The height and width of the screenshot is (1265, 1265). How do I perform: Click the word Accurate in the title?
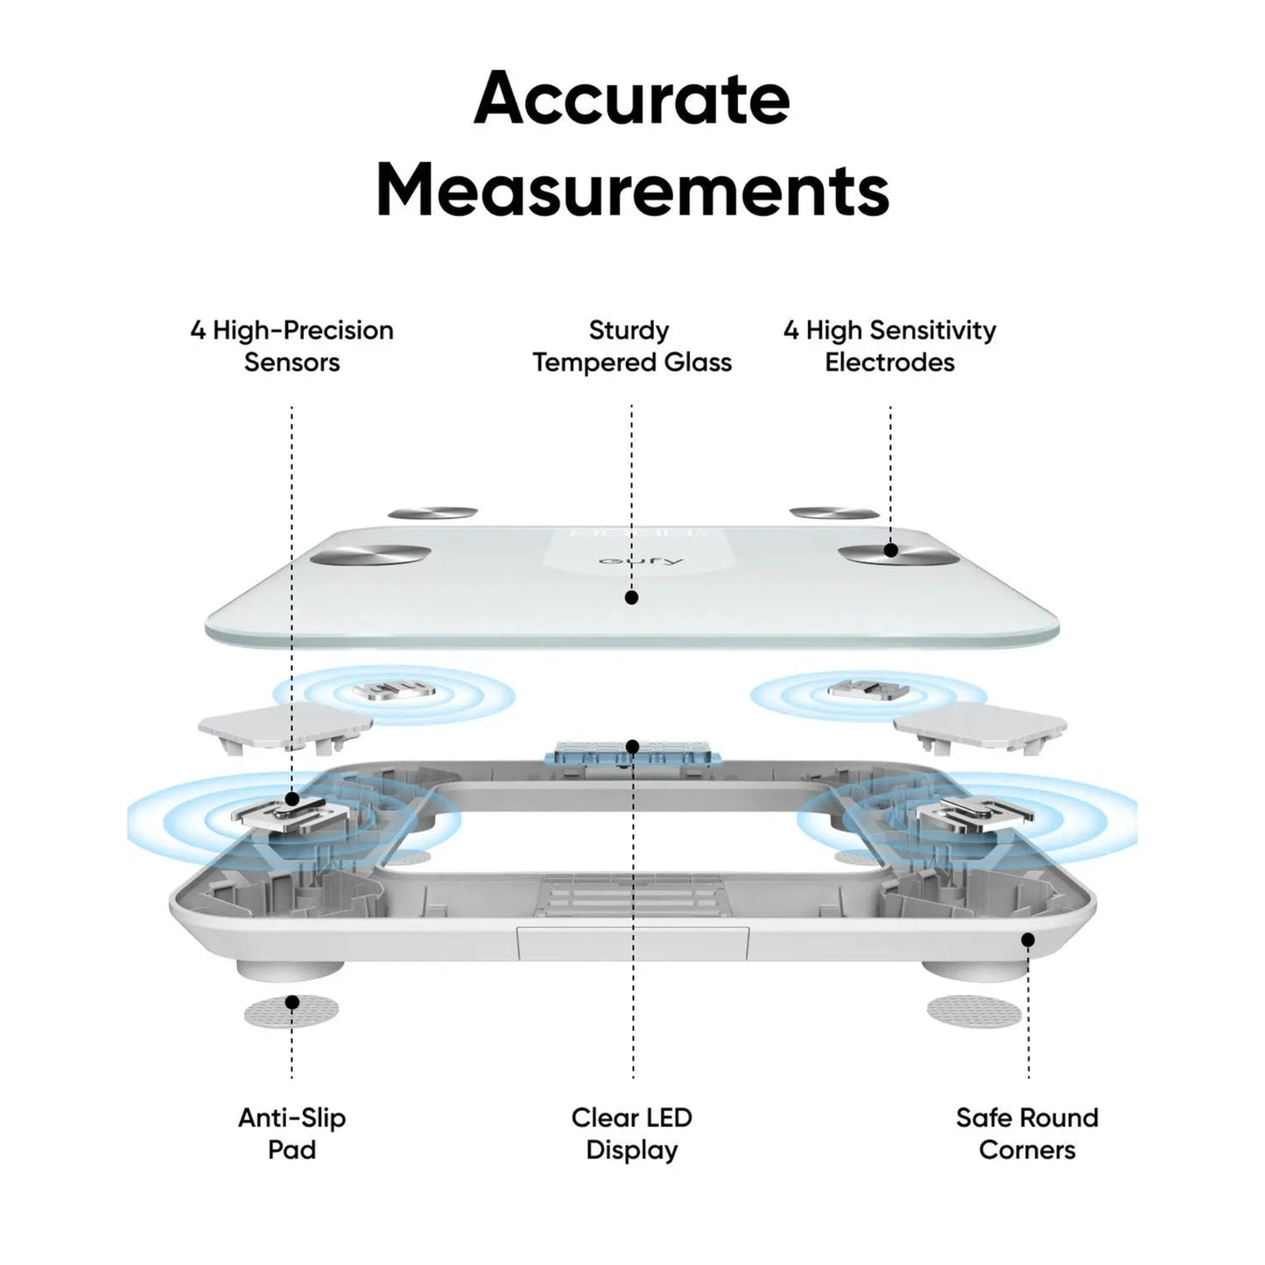631,98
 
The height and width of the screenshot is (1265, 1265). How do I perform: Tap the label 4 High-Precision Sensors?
292,346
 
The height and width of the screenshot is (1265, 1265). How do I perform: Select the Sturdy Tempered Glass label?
631,346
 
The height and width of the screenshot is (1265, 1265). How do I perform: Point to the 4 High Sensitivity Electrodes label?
889,346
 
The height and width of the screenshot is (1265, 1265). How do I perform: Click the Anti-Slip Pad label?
292,1133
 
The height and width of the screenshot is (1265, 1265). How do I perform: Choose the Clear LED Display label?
631,1133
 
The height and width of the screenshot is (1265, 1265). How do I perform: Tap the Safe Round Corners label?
1027,1133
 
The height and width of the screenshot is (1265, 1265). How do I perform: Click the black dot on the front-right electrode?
890,551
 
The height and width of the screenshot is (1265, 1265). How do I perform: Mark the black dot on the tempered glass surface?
631,598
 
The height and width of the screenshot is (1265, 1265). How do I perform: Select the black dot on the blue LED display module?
632,747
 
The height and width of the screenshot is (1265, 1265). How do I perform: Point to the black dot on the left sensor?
292,798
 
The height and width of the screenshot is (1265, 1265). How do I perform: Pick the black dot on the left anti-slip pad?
292,1002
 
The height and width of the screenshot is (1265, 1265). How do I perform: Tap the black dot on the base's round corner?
1028,940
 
